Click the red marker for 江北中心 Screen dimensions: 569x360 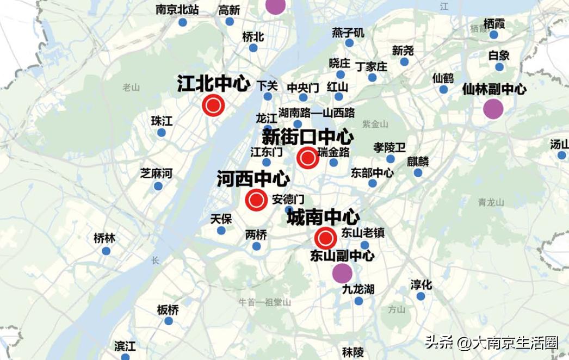213,105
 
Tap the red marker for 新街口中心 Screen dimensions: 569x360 307,158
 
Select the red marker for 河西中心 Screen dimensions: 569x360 256,200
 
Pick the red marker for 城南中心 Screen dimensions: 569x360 325,238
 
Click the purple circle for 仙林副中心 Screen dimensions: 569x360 493,109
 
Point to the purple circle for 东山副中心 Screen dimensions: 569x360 342,273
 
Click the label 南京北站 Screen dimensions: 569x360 177,10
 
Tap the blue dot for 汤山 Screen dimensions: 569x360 561,155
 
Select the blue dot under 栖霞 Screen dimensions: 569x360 493,35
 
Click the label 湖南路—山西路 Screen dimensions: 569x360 316,113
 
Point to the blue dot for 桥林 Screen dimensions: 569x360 106,251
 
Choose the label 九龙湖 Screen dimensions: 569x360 358,289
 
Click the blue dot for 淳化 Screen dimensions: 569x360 420,296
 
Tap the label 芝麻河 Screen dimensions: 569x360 156,173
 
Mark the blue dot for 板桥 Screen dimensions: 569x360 169,321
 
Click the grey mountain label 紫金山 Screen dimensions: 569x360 375,124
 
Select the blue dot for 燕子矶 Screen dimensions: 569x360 349,43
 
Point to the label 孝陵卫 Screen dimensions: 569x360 389,147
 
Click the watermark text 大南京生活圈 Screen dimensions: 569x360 515,343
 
